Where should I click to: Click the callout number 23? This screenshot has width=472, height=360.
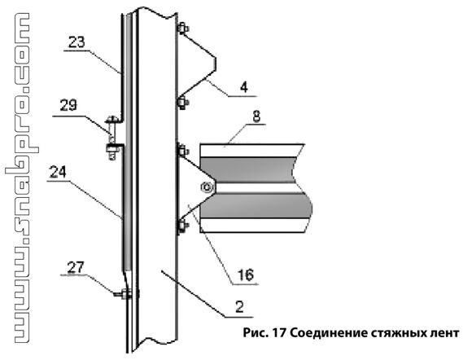click(x=76, y=42)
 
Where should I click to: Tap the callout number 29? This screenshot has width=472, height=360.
click(x=68, y=105)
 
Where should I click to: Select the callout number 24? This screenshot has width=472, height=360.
click(x=58, y=173)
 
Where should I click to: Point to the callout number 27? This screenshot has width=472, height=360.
click(x=76, y=267)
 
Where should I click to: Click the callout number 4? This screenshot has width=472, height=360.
click(x=244, y=87)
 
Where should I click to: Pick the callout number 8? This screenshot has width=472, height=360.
click(x=256, y=116)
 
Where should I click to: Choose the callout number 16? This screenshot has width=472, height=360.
click(x=246, y=274)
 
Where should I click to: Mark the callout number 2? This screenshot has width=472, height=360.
click(x=239, y=307)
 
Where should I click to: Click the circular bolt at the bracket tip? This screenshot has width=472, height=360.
click(x=207, y=187)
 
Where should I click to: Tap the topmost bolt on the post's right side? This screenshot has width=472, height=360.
click(x=183, y=29)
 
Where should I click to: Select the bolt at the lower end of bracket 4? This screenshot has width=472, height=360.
click(x=183, y=103)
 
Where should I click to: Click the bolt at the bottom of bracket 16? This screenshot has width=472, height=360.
click(x=182, y=226)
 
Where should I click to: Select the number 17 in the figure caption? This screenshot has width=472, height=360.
click(x=279, y=333)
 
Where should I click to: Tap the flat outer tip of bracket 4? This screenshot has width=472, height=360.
click(x=215, y=64)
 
